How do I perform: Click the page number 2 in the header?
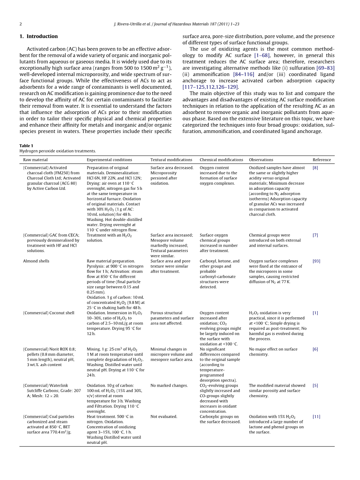(21, 24)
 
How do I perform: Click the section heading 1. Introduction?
(38, 37)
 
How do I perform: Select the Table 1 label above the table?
(26, 146)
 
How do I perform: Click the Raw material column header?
(35, 160)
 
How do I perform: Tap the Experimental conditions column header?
(109, 160)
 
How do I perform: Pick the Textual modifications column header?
(171, 160)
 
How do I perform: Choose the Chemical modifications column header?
(221, 160)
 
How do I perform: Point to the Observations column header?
(261, 160)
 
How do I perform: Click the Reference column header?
(322, 160)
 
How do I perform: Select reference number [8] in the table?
(315, 168)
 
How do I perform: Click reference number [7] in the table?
(315, 235)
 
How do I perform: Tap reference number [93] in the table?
(316, 261)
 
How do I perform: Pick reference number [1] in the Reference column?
(315, 313)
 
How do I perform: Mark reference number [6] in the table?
(315, 349)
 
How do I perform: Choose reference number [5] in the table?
(315, 386)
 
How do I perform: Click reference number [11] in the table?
(316, 417)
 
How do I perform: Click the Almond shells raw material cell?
(36, 261)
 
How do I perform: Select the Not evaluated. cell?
(164, 417)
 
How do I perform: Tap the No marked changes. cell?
(169, 386)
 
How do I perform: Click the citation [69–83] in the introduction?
(325, 68)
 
